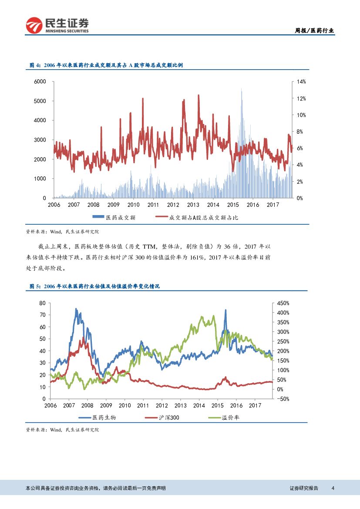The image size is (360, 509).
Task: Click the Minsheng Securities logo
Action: pyautogui.click(x=57, y=25)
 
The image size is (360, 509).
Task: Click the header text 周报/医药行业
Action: pyautogui.click(x=314, y=30)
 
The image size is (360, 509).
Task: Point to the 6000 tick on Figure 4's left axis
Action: pyautogui.click(x=40, y=81)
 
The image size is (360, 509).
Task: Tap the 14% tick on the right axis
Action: pyautogui.click(x=301, y=81)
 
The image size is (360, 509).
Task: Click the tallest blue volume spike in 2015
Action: pyautogui.click(x=242, y=90)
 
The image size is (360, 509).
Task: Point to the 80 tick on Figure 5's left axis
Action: pyautogui.click(x=42, y=303)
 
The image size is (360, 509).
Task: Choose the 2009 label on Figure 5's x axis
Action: pyautogui.click(x=106, y=405)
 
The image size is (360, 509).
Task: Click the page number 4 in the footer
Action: pyautogui.click(x=333, y=488)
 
